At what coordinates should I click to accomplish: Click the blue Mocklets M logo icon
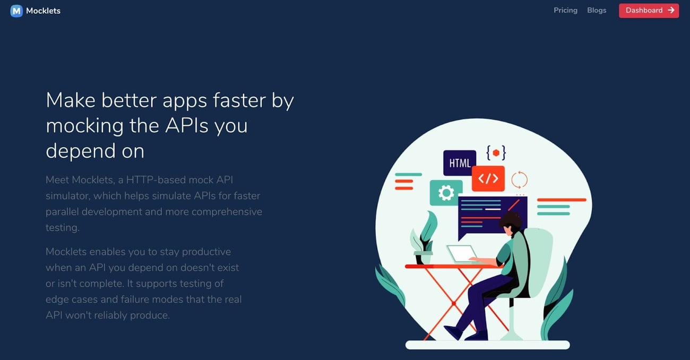(x=16, y=11)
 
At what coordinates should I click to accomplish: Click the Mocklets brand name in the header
(x=43, y=11)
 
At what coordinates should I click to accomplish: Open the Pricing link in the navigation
(x=565, y=10)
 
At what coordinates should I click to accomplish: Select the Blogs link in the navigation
(x=597, y=10)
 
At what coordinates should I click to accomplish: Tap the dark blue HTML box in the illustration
(x=459, y=163)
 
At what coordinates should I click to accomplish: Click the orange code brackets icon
(x=488, y=178)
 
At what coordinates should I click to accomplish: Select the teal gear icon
(x=446, y=193)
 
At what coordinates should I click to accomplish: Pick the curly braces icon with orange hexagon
(x=496, y=153)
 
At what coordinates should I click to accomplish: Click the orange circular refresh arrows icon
(x=519, y=179)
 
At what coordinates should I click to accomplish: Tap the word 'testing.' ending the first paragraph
(x=62, y=228)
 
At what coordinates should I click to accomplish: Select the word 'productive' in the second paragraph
(x=204, y=252)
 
